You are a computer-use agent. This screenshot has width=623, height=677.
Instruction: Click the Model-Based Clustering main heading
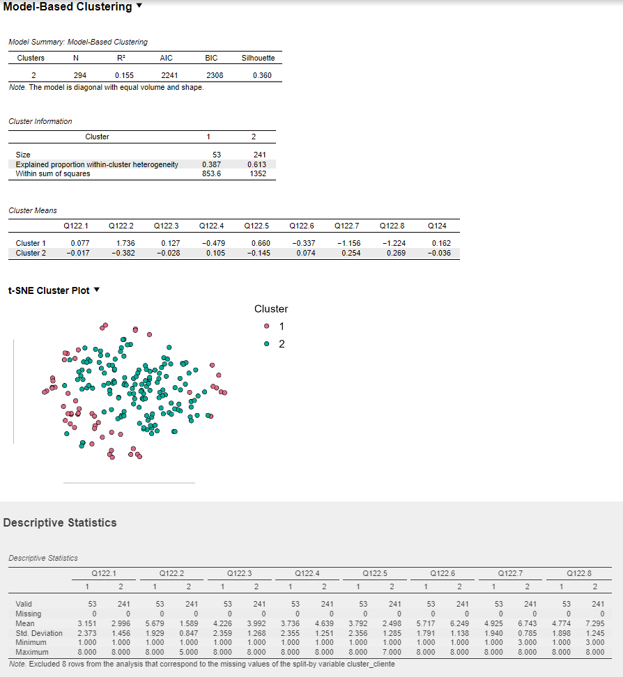(x=68, y=7)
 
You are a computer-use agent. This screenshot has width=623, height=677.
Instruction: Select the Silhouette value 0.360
(x=262, y=75)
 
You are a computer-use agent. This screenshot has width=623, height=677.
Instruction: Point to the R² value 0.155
(x=124, y=75)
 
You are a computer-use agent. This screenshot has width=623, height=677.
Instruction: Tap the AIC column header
(x=166, y=59)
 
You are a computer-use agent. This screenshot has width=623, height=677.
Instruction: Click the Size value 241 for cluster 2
(x=256, y=155)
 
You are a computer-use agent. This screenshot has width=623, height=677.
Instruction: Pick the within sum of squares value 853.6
(x=211, y=173)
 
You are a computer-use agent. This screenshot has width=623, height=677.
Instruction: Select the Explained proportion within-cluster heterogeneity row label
(x=97, y=164)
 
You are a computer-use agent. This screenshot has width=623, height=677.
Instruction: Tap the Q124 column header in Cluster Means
(x=436, y=226)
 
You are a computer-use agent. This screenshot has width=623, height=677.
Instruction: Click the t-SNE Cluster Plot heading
(x=48, y=290)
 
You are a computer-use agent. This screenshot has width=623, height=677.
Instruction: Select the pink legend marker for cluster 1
(x=267, y=327)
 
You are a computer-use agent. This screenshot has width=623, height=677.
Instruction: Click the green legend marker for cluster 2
(x=267, y=344)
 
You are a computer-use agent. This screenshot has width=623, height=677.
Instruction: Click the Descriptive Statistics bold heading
(x=60, y=522)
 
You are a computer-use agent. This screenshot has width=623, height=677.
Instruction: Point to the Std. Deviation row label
(x=39, y=633)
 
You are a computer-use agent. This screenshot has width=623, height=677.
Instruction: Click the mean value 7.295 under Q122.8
(x=595, y=623)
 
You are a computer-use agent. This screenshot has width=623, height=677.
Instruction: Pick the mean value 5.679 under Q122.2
(x=155, y=623)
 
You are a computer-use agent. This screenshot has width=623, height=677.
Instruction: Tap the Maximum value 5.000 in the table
(x=189, y=653)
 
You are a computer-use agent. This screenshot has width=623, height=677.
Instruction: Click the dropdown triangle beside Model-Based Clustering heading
(x=139, y=6)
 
